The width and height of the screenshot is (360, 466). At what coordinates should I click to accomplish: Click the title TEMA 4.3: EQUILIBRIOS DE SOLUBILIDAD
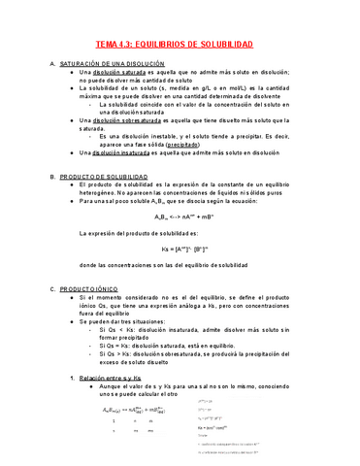click(x=179, y=46)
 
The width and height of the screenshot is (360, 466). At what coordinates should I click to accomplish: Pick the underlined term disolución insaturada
click(x=121, y=152)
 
